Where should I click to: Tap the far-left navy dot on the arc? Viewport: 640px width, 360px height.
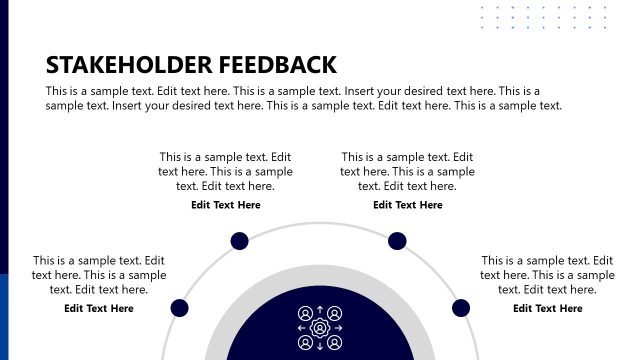click(x=180, y=308)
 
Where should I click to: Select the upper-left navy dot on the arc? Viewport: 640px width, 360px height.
click(x=240, y=240)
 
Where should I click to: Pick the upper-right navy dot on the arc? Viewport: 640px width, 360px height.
click(x=397, y=240)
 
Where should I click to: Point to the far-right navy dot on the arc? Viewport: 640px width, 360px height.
click(x=460, y=308)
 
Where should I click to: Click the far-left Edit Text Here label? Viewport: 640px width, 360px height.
click(x=99, y=308)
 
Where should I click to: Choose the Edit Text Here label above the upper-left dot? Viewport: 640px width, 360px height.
click(x=226, y=205)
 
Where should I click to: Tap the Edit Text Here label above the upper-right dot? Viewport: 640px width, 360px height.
click(x=408, y=205)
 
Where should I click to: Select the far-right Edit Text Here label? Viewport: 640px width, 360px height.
click(x=548, y=308)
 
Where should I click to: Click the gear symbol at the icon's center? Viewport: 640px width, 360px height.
click(x=320, y=327)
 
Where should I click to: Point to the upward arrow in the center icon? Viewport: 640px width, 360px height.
click(x=320, y=310)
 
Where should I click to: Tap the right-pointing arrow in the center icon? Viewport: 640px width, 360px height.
click(x=338, y=328)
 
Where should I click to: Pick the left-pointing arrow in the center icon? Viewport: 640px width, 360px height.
click(x=302, y=328)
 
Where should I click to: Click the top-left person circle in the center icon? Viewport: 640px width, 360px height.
click(x=305, y=313)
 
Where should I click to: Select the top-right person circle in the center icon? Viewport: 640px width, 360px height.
click(x=335, y=313)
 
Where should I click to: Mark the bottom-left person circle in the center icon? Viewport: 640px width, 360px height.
click(x=305, y=342)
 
